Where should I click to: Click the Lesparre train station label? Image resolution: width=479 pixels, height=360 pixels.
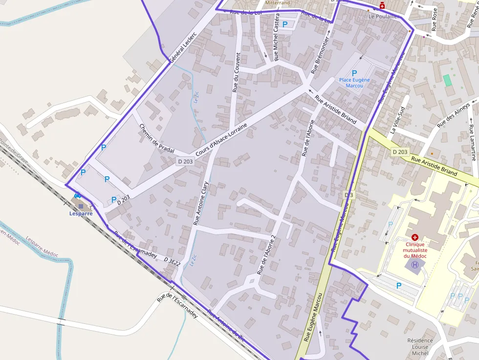pos(81,213)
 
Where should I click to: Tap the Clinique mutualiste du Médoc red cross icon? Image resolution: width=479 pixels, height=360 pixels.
pos(414,236)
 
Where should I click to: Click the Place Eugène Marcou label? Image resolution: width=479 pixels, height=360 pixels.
pos(354,83)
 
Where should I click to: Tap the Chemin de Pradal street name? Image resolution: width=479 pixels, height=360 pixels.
pos(156,139)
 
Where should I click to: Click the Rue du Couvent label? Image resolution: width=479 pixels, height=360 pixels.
pos(236,72)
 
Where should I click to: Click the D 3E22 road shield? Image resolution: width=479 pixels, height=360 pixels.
pos(172,262)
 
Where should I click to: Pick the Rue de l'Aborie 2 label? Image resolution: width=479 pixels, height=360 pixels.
pos(266,254)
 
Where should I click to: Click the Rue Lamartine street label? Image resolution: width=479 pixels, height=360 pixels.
pos(472,142)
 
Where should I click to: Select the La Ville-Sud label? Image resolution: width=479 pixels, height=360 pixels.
pos(398,120)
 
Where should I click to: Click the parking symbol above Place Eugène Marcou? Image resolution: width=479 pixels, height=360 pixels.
pos(354,73)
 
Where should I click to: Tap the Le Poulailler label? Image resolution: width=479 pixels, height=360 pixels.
pos(384,16)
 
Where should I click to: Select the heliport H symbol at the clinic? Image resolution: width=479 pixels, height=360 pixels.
pos(415,265)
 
